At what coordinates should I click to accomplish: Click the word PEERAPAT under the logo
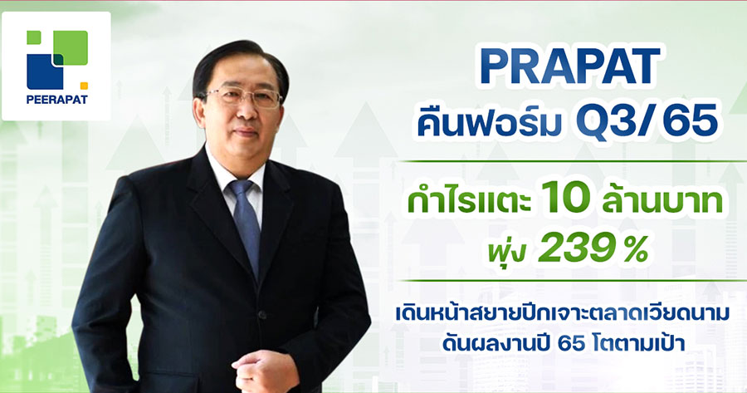57,101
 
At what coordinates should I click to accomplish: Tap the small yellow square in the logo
84,86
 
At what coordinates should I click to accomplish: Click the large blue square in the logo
45,71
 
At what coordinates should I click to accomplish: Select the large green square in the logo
71,47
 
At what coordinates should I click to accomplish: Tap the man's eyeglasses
244,97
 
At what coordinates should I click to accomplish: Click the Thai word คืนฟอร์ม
489,124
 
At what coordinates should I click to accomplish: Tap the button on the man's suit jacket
261,315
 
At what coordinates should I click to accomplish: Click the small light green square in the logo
33,37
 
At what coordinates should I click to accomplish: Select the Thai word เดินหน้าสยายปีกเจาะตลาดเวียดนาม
562,314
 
